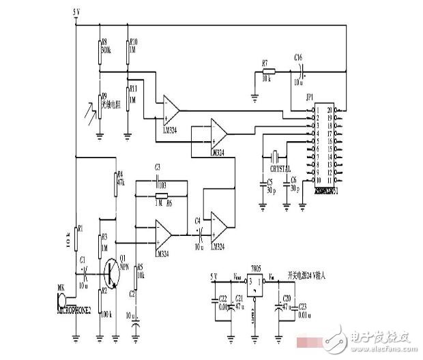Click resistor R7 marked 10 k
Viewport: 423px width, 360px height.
pyautogui.click(x=268, y=70)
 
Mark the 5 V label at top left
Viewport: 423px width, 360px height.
pyautogui.click(x=77, y=13)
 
